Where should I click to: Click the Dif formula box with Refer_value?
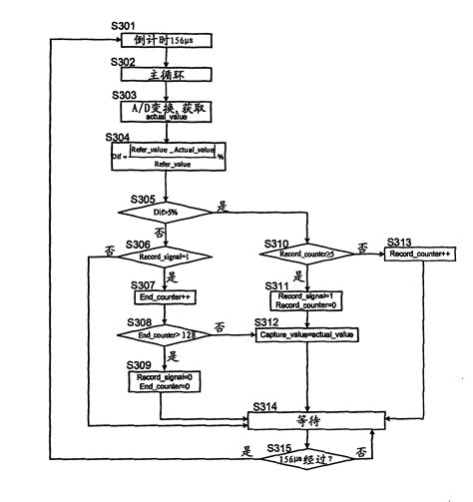pyautogui.click(x=166, y=157)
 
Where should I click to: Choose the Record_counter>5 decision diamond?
pyautogui.click(x=306, y=255)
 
